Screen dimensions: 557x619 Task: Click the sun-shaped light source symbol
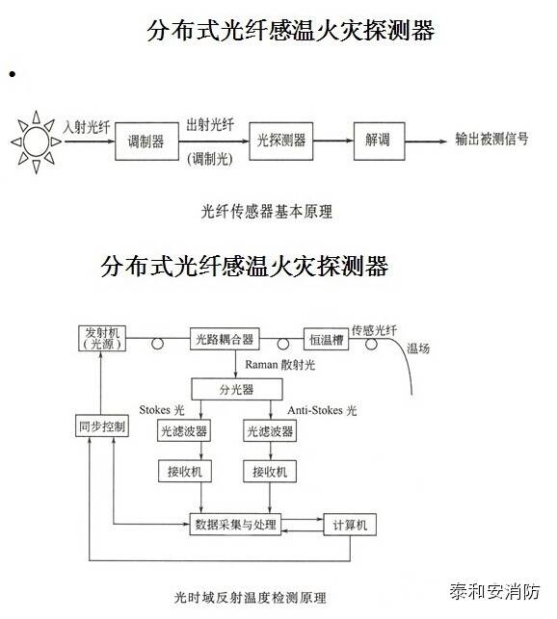(x=36, y=142)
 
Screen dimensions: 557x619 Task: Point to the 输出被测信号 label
(x=491, y=139)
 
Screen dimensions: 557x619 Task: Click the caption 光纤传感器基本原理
(x=267, y=212)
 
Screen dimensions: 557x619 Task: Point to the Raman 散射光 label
(x=279, y=365)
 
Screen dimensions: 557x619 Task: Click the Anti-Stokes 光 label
(x=322, y=410)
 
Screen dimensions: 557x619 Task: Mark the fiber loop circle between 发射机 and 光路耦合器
(x=157, y=344)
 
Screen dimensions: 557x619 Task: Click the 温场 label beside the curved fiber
(x=418, y=348)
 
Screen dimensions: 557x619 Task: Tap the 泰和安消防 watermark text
(x=494, y=592)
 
